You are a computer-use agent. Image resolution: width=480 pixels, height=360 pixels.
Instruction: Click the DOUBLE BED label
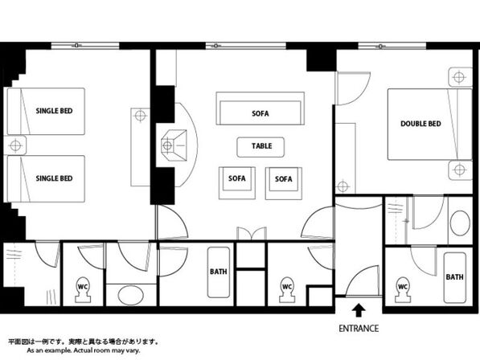pos(421,124)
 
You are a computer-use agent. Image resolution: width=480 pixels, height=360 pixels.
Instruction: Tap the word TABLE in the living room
pos(262,146)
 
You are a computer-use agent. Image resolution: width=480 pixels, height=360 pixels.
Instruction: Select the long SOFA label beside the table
pos(261,113)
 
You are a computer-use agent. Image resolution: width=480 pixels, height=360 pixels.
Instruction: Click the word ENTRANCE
pos(359,329)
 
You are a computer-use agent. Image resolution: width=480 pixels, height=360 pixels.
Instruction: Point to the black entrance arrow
pos(359,310)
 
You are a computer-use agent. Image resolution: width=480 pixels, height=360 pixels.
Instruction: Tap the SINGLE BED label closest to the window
pos(54,111)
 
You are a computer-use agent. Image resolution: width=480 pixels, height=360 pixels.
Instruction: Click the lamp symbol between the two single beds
pos(15,145)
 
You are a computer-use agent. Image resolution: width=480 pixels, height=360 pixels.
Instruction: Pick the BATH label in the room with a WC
pos(454,276)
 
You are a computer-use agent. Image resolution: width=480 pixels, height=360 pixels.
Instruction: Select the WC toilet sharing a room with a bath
pos(402,289)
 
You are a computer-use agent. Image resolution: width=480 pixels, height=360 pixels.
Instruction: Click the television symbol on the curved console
pos(173,145)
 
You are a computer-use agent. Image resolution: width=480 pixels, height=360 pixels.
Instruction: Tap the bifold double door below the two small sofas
pos(252,234)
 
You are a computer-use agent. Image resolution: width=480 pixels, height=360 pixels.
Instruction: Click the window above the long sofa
pos(245,46)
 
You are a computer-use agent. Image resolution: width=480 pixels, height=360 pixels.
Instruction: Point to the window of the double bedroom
pos(392,46)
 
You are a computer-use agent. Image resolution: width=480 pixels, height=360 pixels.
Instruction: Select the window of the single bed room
pos(85,46)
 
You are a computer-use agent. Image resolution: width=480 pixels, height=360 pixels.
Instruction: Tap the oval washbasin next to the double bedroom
pos(460,223)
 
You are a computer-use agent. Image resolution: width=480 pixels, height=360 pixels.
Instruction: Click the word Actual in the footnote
pos(82,350)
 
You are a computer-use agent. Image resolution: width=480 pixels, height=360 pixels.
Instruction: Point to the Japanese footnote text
pos(83,342)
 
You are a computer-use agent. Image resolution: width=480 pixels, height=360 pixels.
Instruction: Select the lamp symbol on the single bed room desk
pos(140,116)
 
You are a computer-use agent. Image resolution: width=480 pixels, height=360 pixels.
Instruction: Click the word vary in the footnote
pos(133,350)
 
